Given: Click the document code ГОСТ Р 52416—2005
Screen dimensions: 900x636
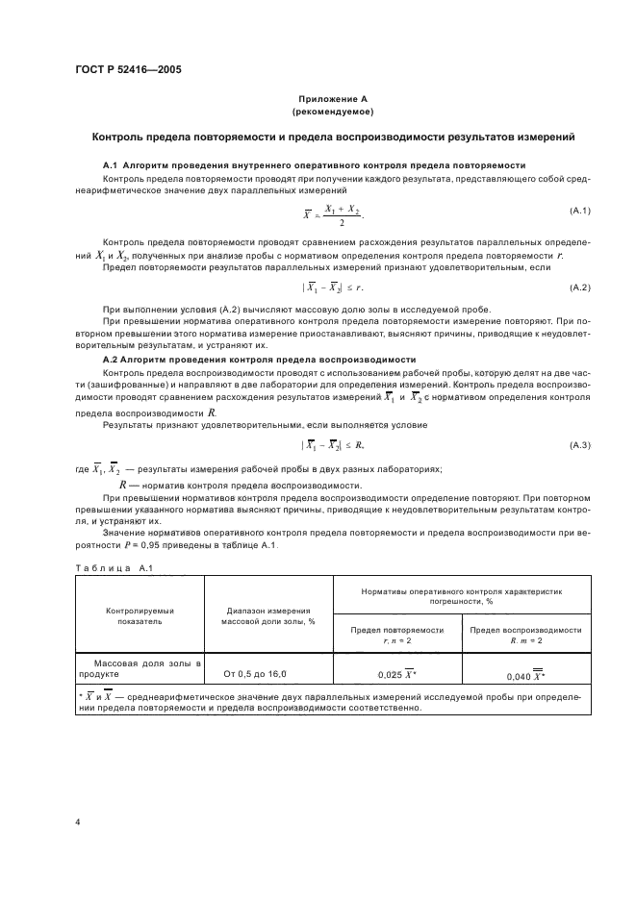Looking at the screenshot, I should pos(128,69).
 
